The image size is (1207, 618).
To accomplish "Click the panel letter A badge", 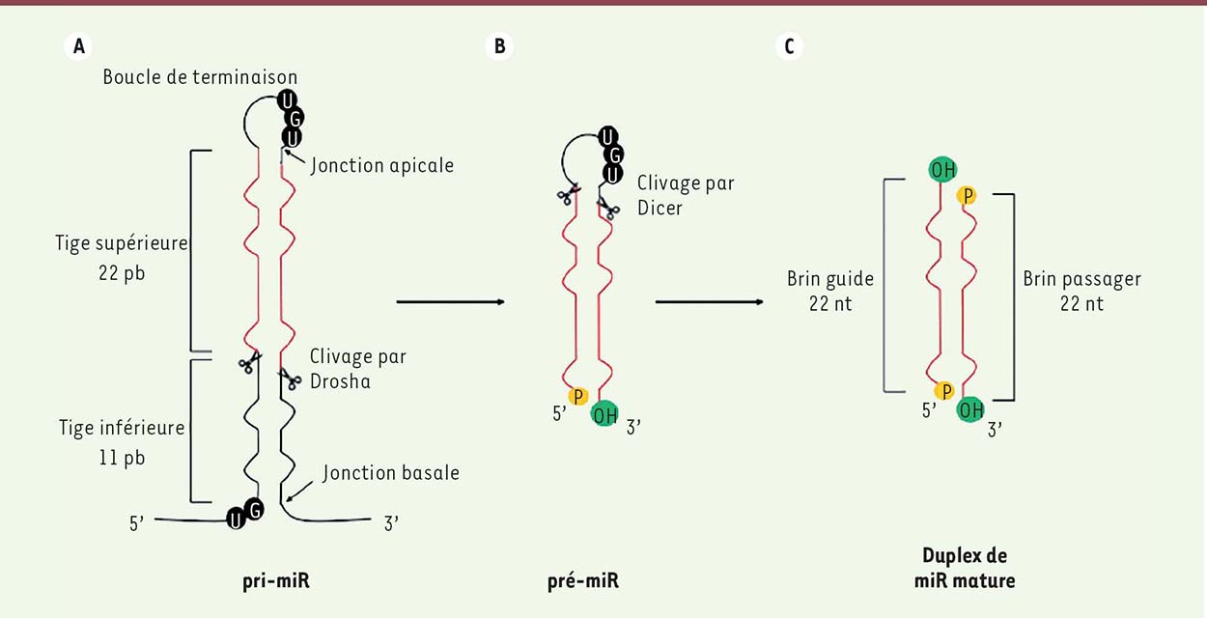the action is (x=78, y=45).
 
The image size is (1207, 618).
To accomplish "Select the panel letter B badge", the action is (x=499, y=45).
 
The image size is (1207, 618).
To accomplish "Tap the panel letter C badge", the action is (x=790, y=45).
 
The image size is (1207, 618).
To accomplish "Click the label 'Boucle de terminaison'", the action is (x=200, y=77).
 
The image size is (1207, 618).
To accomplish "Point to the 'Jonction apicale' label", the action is (x=382, y=165).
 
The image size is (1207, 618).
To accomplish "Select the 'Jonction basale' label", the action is (x=391, y=472).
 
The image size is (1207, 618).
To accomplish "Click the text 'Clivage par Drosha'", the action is (x=358, y=369).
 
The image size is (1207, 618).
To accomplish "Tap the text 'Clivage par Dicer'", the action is (x=686, y=195).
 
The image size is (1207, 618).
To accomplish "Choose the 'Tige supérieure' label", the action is (x=122, y=243).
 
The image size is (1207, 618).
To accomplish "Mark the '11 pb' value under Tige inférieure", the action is (x=122, y=458).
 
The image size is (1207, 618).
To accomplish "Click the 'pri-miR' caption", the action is (x=276, y=580).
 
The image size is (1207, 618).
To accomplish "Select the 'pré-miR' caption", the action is (x=583, y=580).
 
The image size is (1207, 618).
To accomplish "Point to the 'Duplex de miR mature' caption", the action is (x=965, y=568).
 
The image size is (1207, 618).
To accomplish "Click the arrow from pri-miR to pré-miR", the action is (x=451, y=301).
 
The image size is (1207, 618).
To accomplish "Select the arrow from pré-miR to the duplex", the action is (x=709, y=301).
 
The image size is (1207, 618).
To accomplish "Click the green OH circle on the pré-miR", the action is (x=604, y=414).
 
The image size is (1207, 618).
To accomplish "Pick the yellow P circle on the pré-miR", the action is (x=578, y=397).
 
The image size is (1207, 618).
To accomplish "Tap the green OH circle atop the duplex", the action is (x=942, y=170).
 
